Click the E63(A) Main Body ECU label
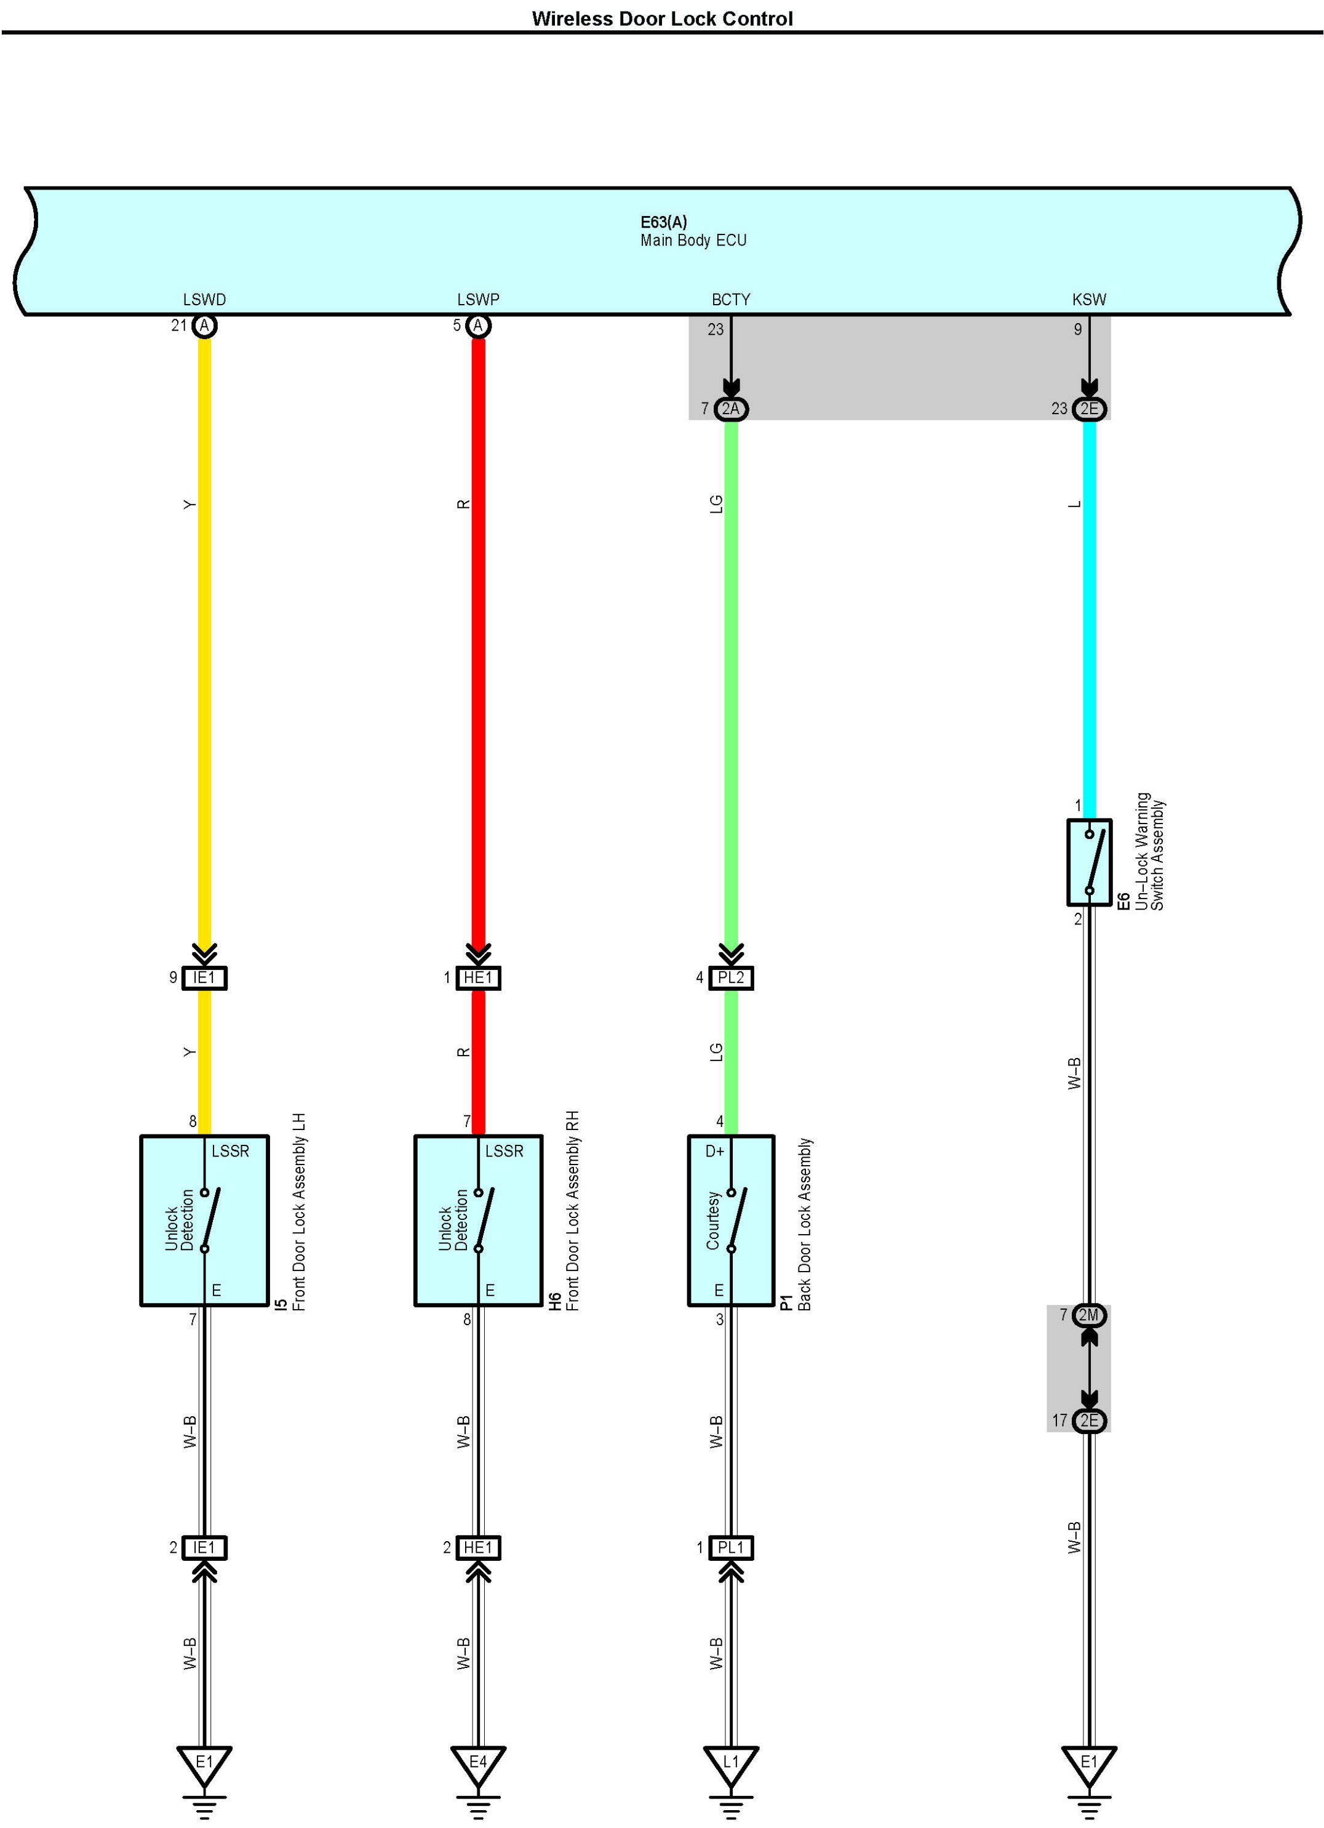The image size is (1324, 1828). pyautogui.click(x=692, y=231)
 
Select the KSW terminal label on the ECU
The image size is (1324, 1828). pyautogui.click(x=1089, y=300)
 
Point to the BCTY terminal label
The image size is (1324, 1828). pyautogui.click(x=730, y=300)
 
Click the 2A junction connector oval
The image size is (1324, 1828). pyautogui.click(x=731, y=409)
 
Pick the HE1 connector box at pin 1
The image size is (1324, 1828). pyautogui.click(x=478, y=977)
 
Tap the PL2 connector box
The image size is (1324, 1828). pyautogui.click(x=731, y=977)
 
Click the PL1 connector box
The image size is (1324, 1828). pyautogui.click(x=731, y=1547)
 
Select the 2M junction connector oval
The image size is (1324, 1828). pyautogui.click(x=1089, y=1315)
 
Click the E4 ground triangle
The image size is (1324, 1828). pyautogui.click(x=478, y=1762)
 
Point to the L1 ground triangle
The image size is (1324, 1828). pyautogui.click(x=731, y=1762)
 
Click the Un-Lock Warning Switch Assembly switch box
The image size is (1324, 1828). pyautogui.click(x=1089, y=862)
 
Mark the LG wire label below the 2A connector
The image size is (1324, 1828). pyautogui.click(x=716, y=505)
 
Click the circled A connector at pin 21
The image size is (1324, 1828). pyautogui.click(x=205, y=326)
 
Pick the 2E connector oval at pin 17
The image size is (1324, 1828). pyautogui.click(x=1089, y=1420)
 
